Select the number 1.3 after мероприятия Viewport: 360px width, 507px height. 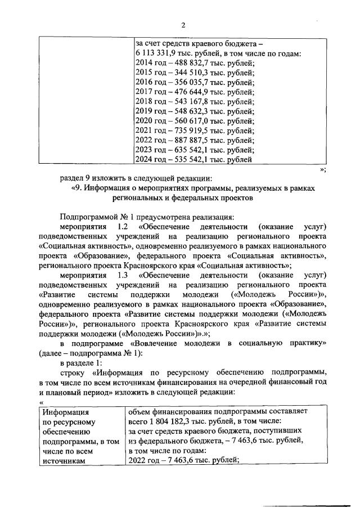click(123, 275)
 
